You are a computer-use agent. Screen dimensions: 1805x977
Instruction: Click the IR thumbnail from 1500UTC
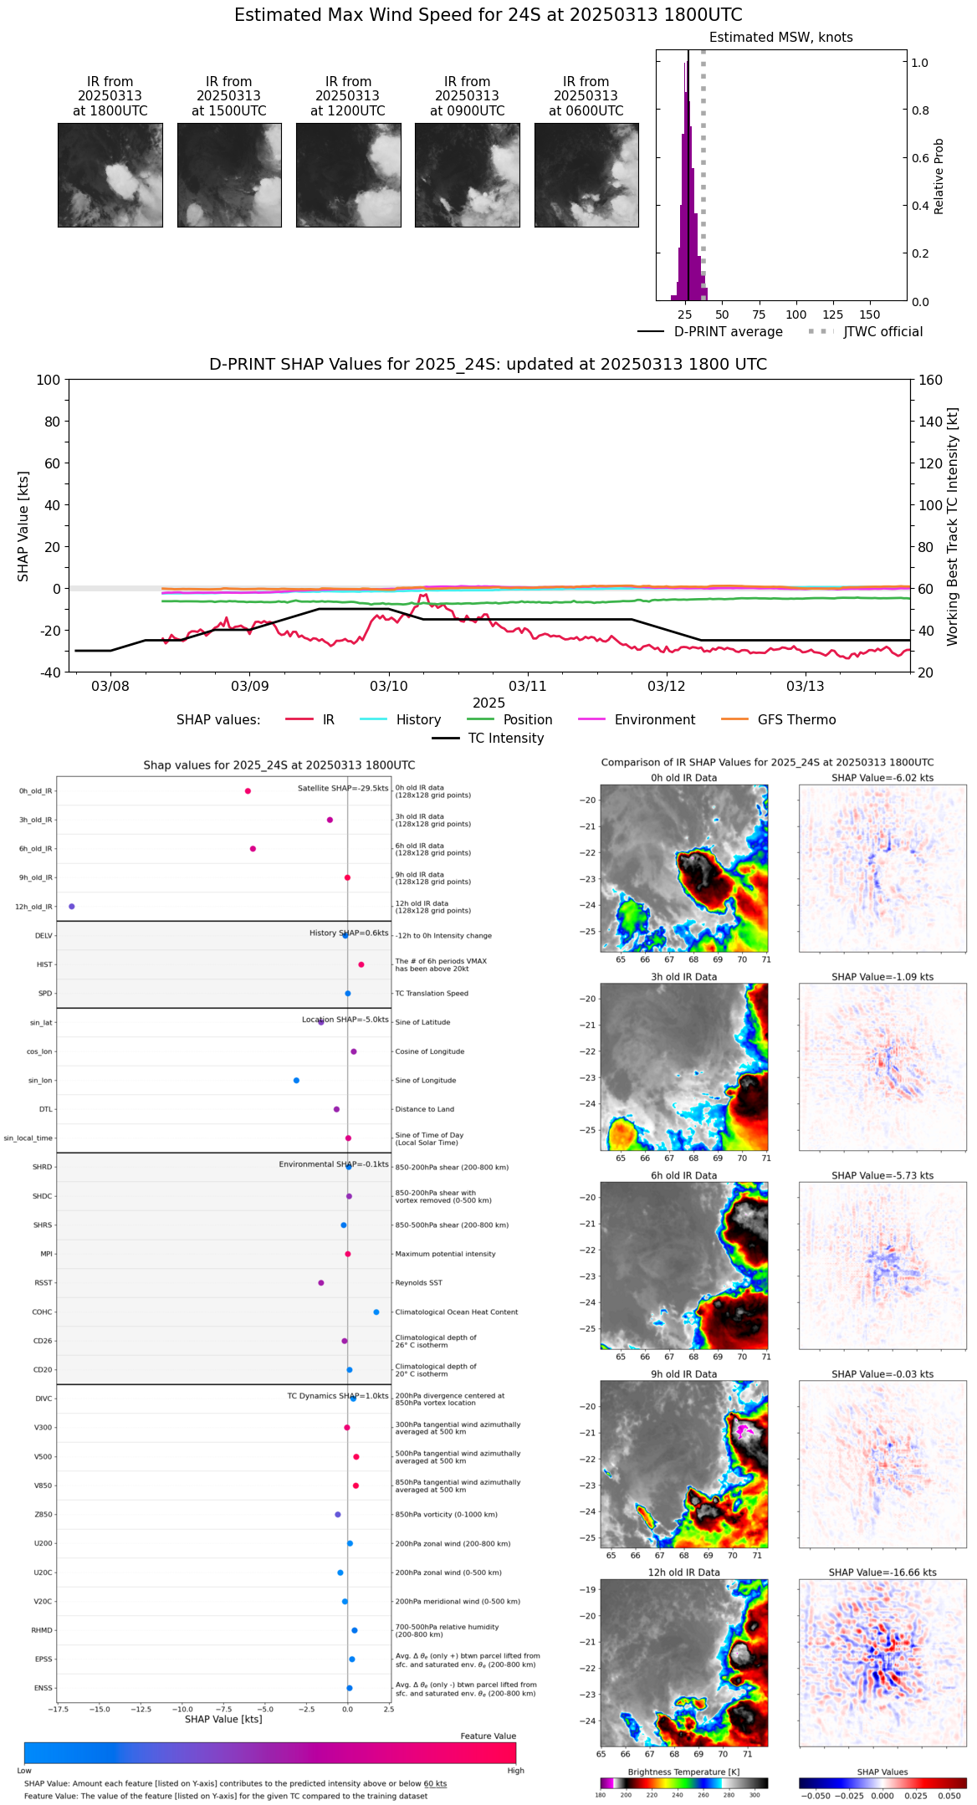tap(229, 175)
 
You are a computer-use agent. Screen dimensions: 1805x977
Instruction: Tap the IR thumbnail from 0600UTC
tap(586, 175)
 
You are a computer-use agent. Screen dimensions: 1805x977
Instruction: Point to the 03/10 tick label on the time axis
tap(388, 686)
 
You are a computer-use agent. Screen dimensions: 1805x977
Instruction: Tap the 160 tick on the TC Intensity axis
tap(930, 380)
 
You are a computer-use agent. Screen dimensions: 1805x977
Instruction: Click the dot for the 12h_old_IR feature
tap(71, 907)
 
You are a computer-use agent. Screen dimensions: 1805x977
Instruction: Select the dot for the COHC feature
tap(376, 1312)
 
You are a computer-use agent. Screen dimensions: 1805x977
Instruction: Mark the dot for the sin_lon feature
tap(296, 1081)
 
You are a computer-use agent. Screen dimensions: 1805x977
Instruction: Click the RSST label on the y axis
tap(43, 1283)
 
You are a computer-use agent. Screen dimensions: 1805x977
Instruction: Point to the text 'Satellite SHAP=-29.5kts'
tap(343, 788)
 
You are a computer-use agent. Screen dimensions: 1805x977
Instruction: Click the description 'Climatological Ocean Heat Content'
tap(456, 1312)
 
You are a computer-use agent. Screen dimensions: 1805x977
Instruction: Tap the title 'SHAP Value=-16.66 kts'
tap(882, 1572)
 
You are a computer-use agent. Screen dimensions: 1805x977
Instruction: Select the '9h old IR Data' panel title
tap(683, 1374)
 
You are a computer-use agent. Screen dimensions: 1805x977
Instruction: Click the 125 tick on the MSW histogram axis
tap(832, 314)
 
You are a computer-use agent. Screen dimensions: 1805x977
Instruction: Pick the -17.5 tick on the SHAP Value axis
tap(58, 1710)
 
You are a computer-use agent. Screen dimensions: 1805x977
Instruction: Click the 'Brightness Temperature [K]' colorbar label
tap(683, 1772)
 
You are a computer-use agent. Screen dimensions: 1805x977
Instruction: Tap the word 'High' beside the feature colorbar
tap(515, 1771)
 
